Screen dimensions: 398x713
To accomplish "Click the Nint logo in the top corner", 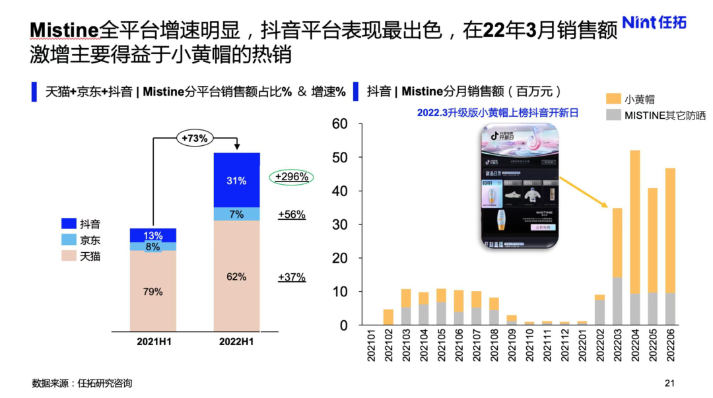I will (x=654, y=22).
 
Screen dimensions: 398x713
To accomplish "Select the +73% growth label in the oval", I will (x=195, y=138).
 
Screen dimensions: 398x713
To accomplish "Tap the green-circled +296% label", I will (x=291, y=177).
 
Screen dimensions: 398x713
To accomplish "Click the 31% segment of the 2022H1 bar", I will (x=236, y=180).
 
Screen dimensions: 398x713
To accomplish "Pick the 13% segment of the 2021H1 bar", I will (x=153, y=236).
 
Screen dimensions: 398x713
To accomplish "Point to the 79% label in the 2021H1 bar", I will (x=153, y=291).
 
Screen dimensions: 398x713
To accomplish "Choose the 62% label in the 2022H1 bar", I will (x=236, y=277).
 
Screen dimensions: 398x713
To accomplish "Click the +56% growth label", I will (x=291, y=215).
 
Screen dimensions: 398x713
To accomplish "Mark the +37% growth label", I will (x=291, y=277).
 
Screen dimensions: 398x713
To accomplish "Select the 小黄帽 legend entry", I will (x=630, y=99).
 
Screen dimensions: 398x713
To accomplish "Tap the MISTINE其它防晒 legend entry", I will (x=656, y=115).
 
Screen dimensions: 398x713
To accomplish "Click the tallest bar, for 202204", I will (x=635, y=238).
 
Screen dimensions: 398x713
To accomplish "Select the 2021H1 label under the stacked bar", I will (x=153, y=341).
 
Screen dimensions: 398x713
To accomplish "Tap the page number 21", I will (x=670, y=383).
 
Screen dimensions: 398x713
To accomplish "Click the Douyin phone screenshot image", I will (x=520, y=188).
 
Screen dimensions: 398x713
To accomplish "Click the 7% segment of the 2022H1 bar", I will (x=236, y=215).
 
